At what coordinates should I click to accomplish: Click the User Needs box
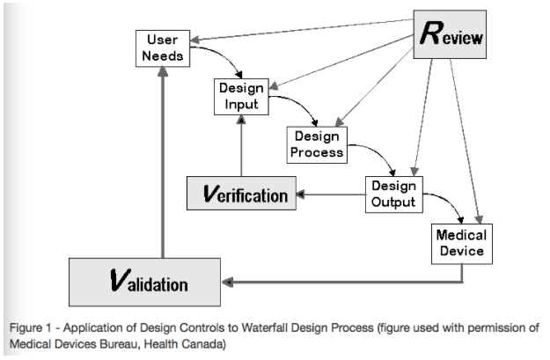tap(163, 48)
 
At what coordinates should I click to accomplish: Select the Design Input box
tap(240, 96)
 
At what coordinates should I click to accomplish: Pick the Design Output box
tap(392, 194)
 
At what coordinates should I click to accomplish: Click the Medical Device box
tap(461, 244)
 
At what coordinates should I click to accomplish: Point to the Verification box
tap(239, 194)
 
